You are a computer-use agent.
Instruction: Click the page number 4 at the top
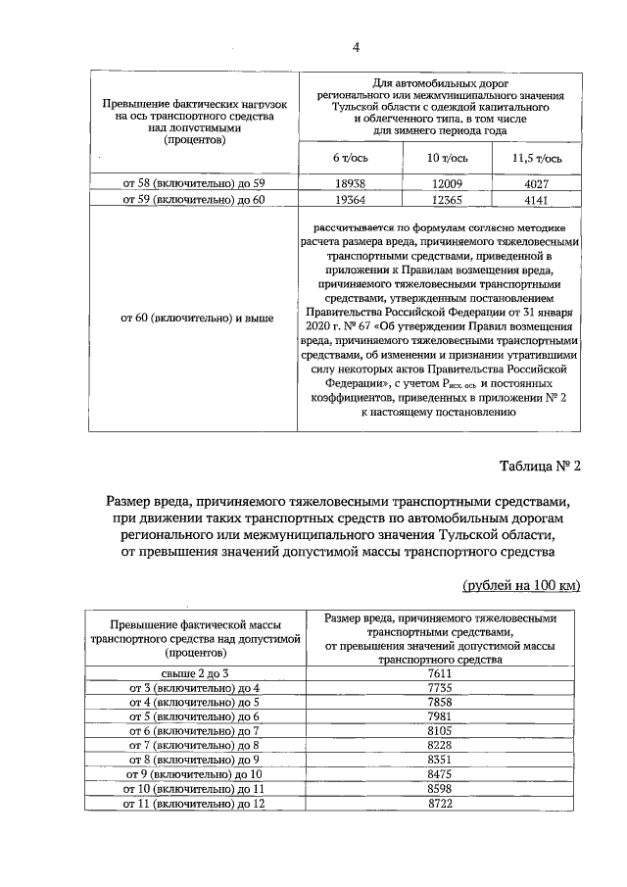pos(357,47)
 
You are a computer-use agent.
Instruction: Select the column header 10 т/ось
pos(446,158)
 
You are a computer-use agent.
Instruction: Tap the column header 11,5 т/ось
pos(536,158)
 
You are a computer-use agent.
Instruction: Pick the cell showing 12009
pos(446,182)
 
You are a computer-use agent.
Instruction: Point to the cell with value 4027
pos(537,182)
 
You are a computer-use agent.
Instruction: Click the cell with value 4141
pos(537,199)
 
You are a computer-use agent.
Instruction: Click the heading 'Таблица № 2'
pos(539,466)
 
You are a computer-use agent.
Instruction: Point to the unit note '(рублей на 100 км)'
pos(520,585)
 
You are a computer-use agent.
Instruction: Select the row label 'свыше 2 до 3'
pos(193,672)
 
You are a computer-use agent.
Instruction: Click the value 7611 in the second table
pos(439,672)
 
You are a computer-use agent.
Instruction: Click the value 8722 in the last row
pos(439,804)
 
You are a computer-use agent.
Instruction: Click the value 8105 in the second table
pos(439,730)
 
